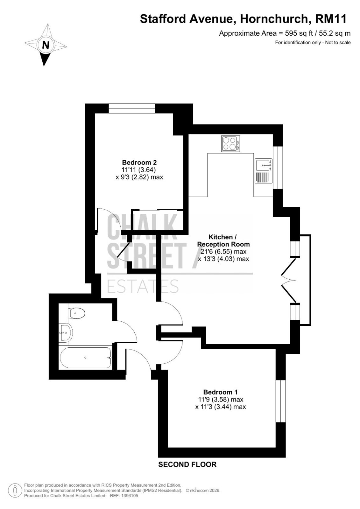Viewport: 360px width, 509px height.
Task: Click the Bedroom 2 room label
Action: click(139, 163)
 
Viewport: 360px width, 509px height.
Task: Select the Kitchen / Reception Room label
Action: click(223, 241)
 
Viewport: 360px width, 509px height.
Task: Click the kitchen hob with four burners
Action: click(230, 143)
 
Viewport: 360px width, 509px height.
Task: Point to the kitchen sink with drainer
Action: click(263, 171)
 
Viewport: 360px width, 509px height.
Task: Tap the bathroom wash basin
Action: click(66, 332)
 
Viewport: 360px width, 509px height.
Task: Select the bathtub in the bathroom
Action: click(86, 358)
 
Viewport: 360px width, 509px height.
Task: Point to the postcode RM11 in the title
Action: click(331, 19)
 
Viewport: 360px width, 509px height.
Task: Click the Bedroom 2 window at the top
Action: click(132, 108)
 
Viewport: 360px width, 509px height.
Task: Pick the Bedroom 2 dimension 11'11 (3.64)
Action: click(139, 170)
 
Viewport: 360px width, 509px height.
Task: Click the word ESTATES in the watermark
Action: click(143, 287)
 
